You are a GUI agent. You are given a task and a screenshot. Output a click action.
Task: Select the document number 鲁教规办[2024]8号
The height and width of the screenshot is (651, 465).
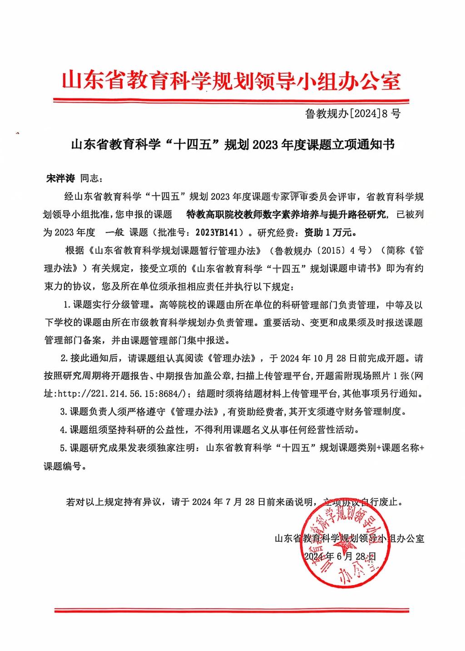pyautogui.click(x=353, y=113)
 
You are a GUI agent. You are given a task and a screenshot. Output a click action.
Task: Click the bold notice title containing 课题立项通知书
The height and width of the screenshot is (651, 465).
pyautogui.click(x=232, y=145)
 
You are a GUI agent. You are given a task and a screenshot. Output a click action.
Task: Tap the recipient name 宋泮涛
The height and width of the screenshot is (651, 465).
pyautogui.click(x=60, y=178)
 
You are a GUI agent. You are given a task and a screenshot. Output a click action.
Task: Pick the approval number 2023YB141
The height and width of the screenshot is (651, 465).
pyautogui.click(x=217, y=233)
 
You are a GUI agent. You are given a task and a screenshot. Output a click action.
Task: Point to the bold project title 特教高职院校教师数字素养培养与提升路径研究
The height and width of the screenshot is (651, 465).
pyautogui.click(x=287, y=215)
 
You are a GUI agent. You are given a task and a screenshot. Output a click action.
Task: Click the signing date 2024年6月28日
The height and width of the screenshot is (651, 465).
pyautogui.click(x=340, y=557)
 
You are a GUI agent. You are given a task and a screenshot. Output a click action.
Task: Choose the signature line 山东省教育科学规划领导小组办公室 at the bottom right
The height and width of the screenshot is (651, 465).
pyautogui.click(x=350, y=538)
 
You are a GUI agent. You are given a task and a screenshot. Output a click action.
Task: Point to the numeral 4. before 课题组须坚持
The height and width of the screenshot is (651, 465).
pyautogui.click(x=64, y=429)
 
